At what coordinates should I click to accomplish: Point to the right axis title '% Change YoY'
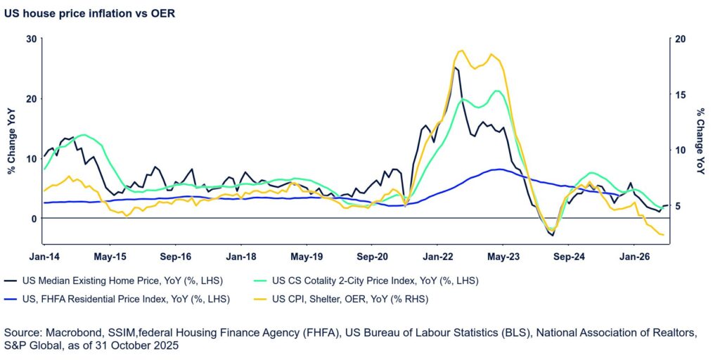coord(701,141)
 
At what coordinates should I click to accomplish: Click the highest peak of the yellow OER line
coord(461,51)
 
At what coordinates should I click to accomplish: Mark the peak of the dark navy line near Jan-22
coord(456,67)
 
